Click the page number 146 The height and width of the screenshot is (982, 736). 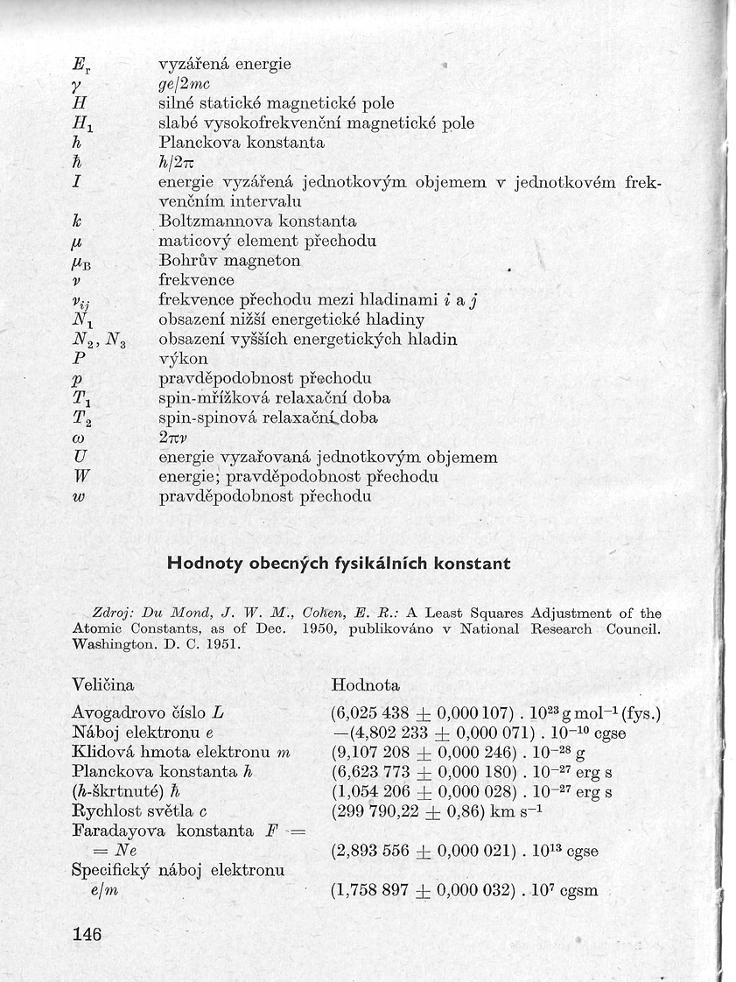[88, 934]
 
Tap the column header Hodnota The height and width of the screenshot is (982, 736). [366, 684]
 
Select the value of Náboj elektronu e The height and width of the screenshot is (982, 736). [480, 733]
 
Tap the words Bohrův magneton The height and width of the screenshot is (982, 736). [229, 261]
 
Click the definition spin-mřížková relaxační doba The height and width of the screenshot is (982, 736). [274, 398]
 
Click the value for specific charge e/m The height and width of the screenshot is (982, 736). [464, 891]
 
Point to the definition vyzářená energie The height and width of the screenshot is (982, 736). [224, 65]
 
